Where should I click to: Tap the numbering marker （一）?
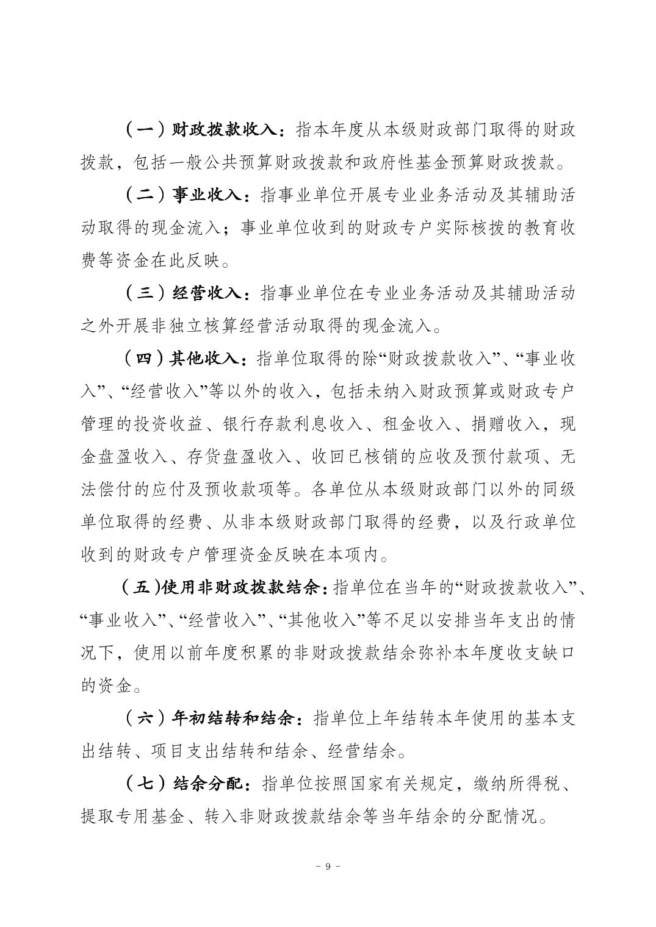click(x=145, y=130)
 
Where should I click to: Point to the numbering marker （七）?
click(x=145, y=783)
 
